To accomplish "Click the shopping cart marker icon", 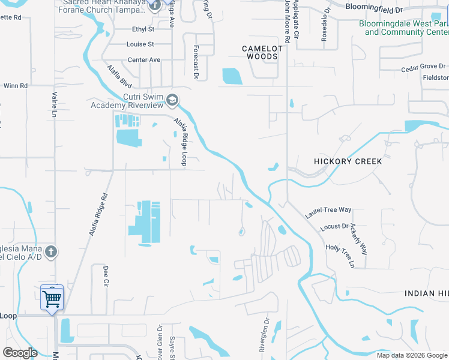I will (x=52, y=297).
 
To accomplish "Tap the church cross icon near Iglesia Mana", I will (x=52, y=251).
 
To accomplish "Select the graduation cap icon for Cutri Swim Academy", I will (x=173, y=100).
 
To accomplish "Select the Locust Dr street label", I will (x=334, y=227).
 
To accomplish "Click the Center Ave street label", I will (x=144, y=60).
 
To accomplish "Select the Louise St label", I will (x=140, y=44).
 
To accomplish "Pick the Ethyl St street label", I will (x=143, y=29).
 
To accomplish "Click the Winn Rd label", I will (x=16, y=86).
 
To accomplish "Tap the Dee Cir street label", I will (x=106, y=275).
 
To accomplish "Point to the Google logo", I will (x=20, y=353).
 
